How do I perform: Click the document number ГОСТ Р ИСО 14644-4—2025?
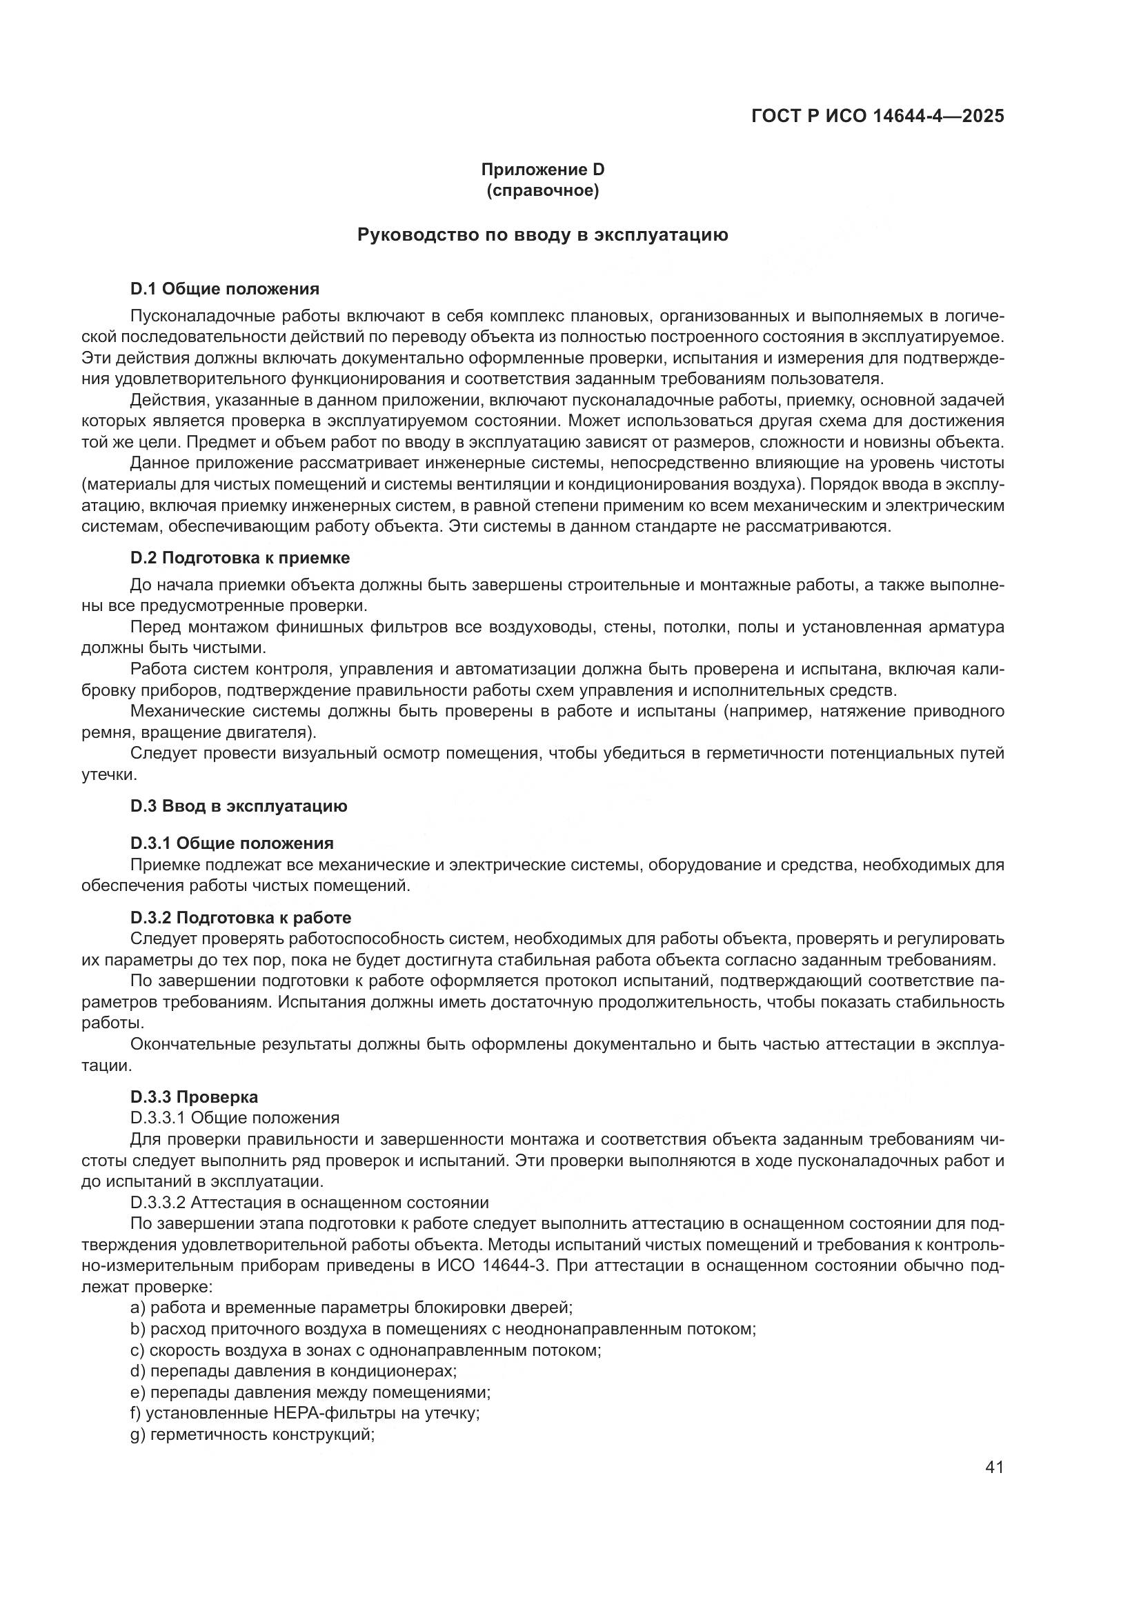pos(877,116)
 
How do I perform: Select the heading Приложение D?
pos(542,170)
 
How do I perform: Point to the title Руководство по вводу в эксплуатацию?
pos(542,234)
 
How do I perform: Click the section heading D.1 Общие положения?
pos(225,289)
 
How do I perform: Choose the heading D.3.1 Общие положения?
pos(232,843)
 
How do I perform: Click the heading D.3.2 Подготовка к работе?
pos(241,917)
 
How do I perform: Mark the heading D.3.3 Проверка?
pos(194,1096)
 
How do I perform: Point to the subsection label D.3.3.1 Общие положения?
pos(235,1118)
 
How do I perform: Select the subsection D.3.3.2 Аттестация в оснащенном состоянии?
pos(309,1202)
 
